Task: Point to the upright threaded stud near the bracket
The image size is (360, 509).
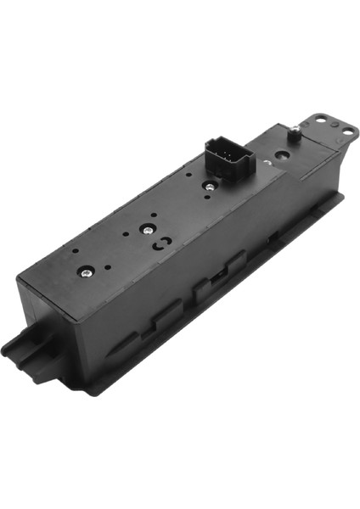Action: coord(293,129)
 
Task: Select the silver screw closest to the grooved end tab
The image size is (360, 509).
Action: coord(86,272)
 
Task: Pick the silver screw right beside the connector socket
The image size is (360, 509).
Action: coord(206,184)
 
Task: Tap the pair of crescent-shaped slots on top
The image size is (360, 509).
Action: coord(158,243)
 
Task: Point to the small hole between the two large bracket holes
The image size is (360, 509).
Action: coord(333,124)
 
